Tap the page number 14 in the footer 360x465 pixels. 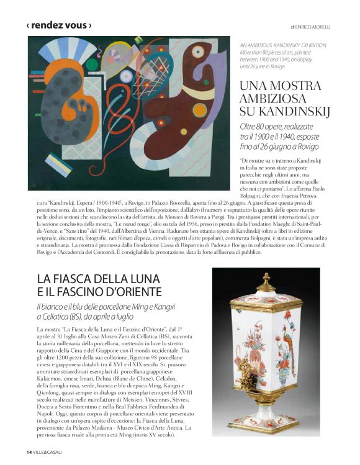pyautogui.click(x=29, y=451)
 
